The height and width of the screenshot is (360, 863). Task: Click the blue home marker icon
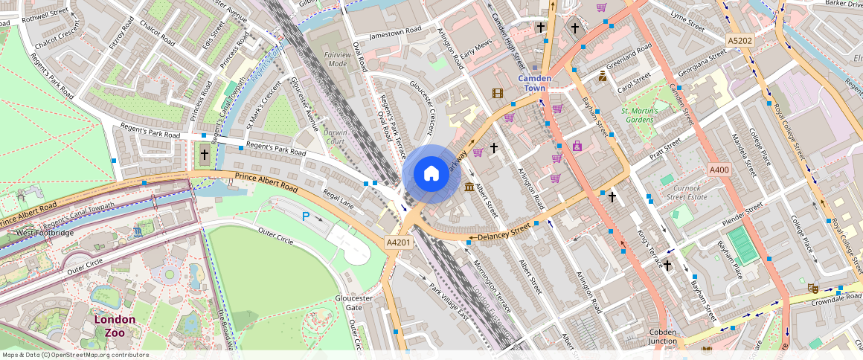coord(431,174)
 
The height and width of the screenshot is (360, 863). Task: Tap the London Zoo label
coord(115,326)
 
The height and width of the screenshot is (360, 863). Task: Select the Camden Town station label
coord(534,83)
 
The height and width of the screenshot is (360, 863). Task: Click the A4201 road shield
coord(398,242)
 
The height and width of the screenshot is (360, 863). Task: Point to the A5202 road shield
coord(740,39)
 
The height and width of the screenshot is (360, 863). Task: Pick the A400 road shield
coord(719,170)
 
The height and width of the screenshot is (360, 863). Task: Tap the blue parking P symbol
coord(306,216)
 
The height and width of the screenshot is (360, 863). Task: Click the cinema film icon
coord(497,93)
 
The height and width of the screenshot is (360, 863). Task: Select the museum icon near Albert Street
coord(469,186)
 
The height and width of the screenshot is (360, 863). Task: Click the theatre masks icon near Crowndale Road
coord(812,287)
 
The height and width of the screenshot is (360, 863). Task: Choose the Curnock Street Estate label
coord(685,193)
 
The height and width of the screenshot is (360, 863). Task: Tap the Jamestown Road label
coord(395,32)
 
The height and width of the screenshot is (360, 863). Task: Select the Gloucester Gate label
coord(348,302)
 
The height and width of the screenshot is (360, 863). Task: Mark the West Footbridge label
coord(45,233)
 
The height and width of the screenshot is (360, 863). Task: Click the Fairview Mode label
coord(338,60)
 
